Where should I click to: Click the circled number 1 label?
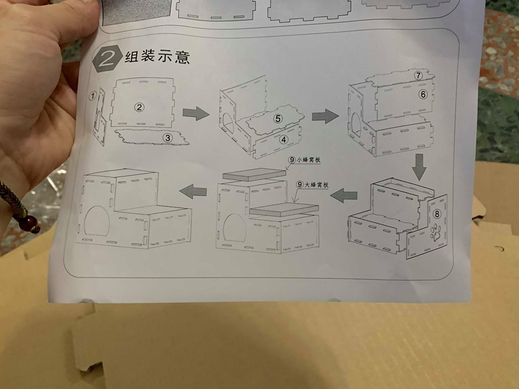(92, 96)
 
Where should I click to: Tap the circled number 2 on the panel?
(139, 107)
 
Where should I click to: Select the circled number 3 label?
(168, 137)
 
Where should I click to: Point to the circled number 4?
(283, 139)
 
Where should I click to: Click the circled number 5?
(278, 118)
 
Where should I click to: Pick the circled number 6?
(423, 94)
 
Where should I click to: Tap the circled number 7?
(418, 76)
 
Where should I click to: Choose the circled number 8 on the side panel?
(437, 214)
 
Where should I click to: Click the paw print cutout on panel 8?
(436, 231)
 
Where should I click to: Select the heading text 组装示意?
(157, 57)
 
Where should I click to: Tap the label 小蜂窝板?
(309, 160)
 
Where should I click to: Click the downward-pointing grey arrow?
(419, 167)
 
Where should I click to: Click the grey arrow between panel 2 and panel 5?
(196, 113)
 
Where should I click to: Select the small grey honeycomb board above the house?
(254, 175)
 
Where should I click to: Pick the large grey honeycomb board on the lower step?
(284, 210)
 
